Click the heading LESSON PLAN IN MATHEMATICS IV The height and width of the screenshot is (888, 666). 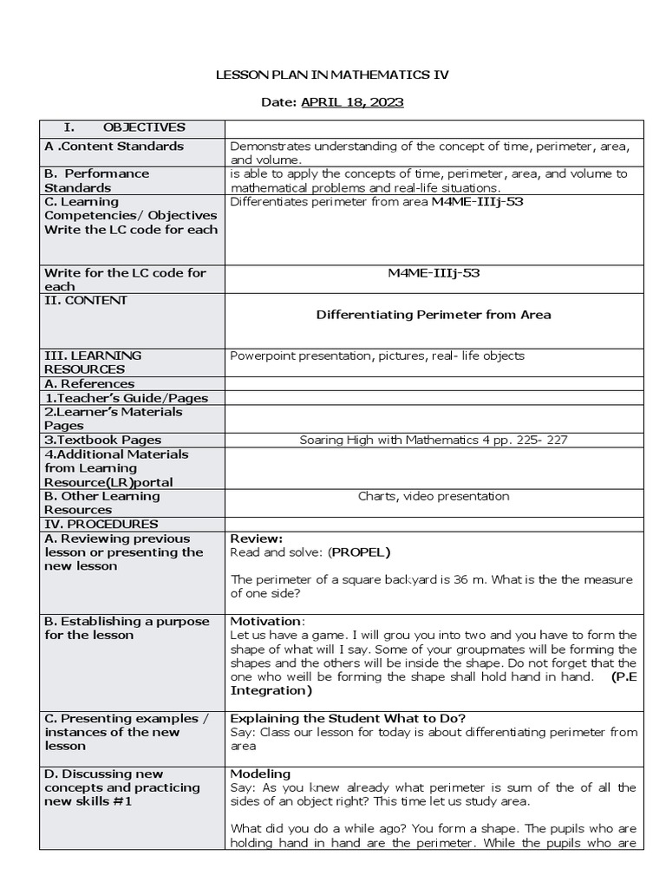332,75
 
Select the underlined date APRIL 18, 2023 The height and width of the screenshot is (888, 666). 352,102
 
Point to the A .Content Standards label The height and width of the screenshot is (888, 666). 114,146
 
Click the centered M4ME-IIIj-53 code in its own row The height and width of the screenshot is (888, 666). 434,272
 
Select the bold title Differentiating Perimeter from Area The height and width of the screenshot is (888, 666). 434,314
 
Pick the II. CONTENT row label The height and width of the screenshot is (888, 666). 86,300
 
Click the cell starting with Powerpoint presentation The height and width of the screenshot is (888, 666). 377,356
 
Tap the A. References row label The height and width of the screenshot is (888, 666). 89,383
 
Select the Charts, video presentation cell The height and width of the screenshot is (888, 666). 434,496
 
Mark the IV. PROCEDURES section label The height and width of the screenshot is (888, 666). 101,524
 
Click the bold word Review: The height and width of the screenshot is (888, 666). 256,539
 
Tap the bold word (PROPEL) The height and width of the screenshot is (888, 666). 359,552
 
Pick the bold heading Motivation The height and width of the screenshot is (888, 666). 266,621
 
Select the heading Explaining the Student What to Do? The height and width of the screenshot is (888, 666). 348,718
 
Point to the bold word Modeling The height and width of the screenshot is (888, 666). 260,774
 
